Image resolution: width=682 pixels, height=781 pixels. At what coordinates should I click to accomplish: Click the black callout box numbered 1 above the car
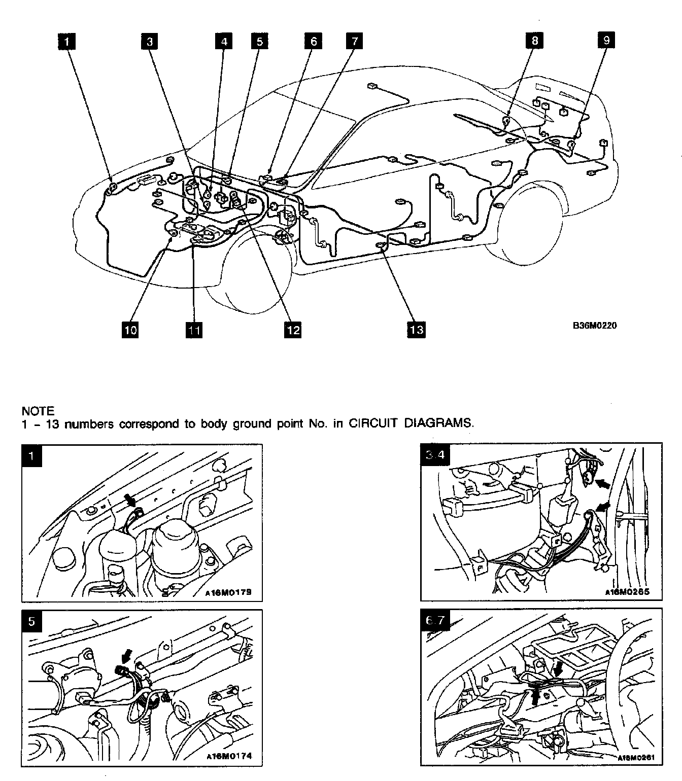(67, 41)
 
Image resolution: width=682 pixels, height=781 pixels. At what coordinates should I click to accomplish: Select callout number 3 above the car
(149, 41)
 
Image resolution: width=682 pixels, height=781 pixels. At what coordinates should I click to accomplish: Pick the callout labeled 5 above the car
(259, 41)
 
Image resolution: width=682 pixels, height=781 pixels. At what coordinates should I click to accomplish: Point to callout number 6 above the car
(313, 41)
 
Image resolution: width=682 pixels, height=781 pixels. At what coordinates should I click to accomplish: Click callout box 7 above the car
(354, 41)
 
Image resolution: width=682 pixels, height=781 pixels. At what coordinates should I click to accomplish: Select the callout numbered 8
(535, 40)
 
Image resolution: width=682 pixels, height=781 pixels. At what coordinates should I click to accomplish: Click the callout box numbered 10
(130, 330)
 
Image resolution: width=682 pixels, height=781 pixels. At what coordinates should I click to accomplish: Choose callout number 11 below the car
(193, 330)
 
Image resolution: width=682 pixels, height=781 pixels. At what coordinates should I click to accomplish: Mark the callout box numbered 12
(293, 330)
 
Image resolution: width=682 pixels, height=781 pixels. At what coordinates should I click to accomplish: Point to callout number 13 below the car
(416, 330)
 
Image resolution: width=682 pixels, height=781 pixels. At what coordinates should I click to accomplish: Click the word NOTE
(38, 411)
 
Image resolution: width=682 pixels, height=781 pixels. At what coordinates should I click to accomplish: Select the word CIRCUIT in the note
(372, 424)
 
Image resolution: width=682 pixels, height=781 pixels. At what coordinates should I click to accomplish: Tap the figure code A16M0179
(229, 592)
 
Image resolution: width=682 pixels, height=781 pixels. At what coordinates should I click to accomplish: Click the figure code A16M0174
(229, 756)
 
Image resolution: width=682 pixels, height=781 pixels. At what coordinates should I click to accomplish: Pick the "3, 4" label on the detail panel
(435, 455)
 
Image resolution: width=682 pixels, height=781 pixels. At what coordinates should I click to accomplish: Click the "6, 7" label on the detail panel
(435, 621)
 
